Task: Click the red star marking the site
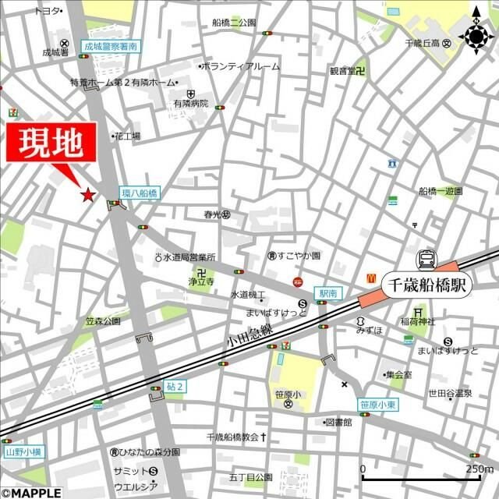[88, 194]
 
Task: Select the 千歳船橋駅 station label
[429, 285]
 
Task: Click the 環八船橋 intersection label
[140, 192]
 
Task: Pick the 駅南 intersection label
[326, 293]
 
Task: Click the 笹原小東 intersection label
[377, 405]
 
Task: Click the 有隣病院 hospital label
[191, 103]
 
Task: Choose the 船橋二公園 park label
[234, 23]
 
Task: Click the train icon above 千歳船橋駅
[427, 259]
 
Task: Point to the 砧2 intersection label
[175, 386]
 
